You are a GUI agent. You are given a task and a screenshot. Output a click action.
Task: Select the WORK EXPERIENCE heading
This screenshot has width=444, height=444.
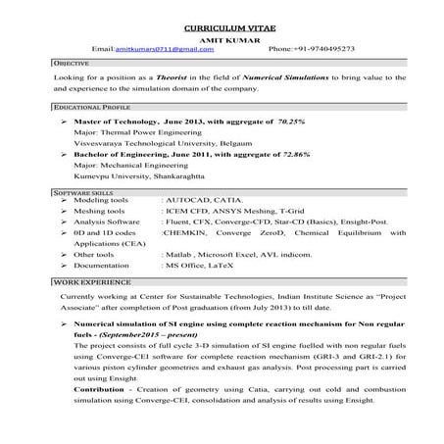(x=80, y=280)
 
